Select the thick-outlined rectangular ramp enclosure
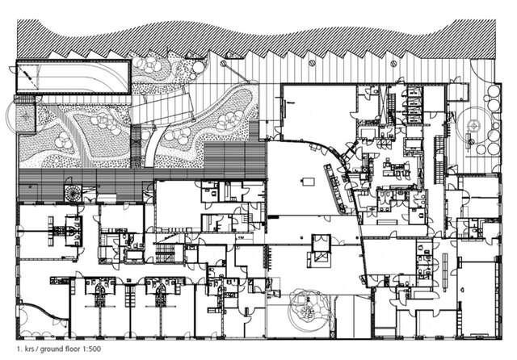coord(73,77)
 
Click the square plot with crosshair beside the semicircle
coord(27,118)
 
